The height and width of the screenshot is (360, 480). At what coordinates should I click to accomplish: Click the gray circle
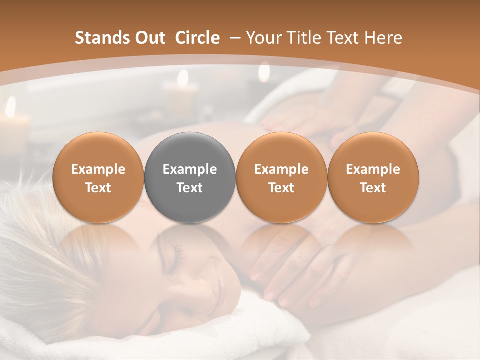190,178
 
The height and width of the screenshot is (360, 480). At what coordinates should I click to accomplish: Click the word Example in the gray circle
190,169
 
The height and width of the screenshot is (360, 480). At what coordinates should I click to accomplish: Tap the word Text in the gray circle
190,188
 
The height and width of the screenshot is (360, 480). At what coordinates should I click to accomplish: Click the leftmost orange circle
98,178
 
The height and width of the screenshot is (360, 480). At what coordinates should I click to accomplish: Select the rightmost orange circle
373,178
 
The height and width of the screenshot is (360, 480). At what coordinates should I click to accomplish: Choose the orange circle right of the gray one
281,178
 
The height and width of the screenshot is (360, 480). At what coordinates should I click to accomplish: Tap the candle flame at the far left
10,106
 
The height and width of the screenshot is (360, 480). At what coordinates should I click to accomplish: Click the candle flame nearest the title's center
183,78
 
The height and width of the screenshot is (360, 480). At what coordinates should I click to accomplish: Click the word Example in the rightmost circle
373,169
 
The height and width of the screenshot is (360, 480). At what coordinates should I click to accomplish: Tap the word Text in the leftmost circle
98,188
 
